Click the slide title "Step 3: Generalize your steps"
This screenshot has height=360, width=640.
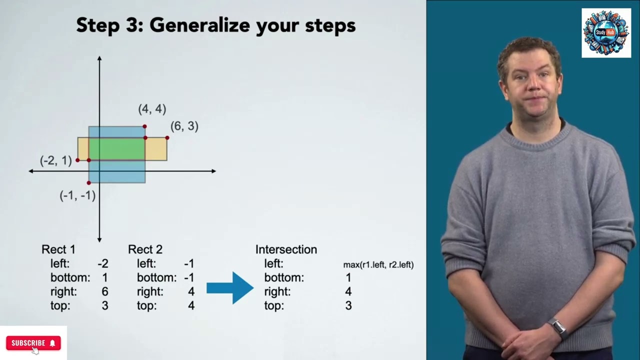pyautogui.click(x=215, y=25)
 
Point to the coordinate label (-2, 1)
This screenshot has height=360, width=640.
pyautogui.click(x=56, y=160)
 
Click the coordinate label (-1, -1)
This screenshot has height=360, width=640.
pyautogui.click(x=77, y=195)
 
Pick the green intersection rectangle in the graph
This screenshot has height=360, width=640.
pyautogui.click(x=116, y=148)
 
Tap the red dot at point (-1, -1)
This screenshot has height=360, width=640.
pyautogui.click(x=89, y=183)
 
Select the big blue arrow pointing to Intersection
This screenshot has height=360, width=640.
pyautogui.click(x=229, y=287)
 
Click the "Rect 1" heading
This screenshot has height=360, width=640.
pyautogui.click(x=58, y=249)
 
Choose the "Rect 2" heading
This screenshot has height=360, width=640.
pyautogui.click(x=145, y=249)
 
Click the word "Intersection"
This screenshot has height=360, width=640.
pyautogui.click(x=286, y=249)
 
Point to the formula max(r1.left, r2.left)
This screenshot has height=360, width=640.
pyautogui.click(x=378, y=264)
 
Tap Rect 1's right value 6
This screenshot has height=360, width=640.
pyautogui.click(x=104, y=291)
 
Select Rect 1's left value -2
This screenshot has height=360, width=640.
pyautogui.click(x=103, y=263)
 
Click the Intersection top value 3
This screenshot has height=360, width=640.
pyautogui.click(x=348, y=305)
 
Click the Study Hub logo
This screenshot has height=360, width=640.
pyautogui.click(x=606, y=33)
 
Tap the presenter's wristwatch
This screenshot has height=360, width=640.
pyautogui.click(x=558, y=327)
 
